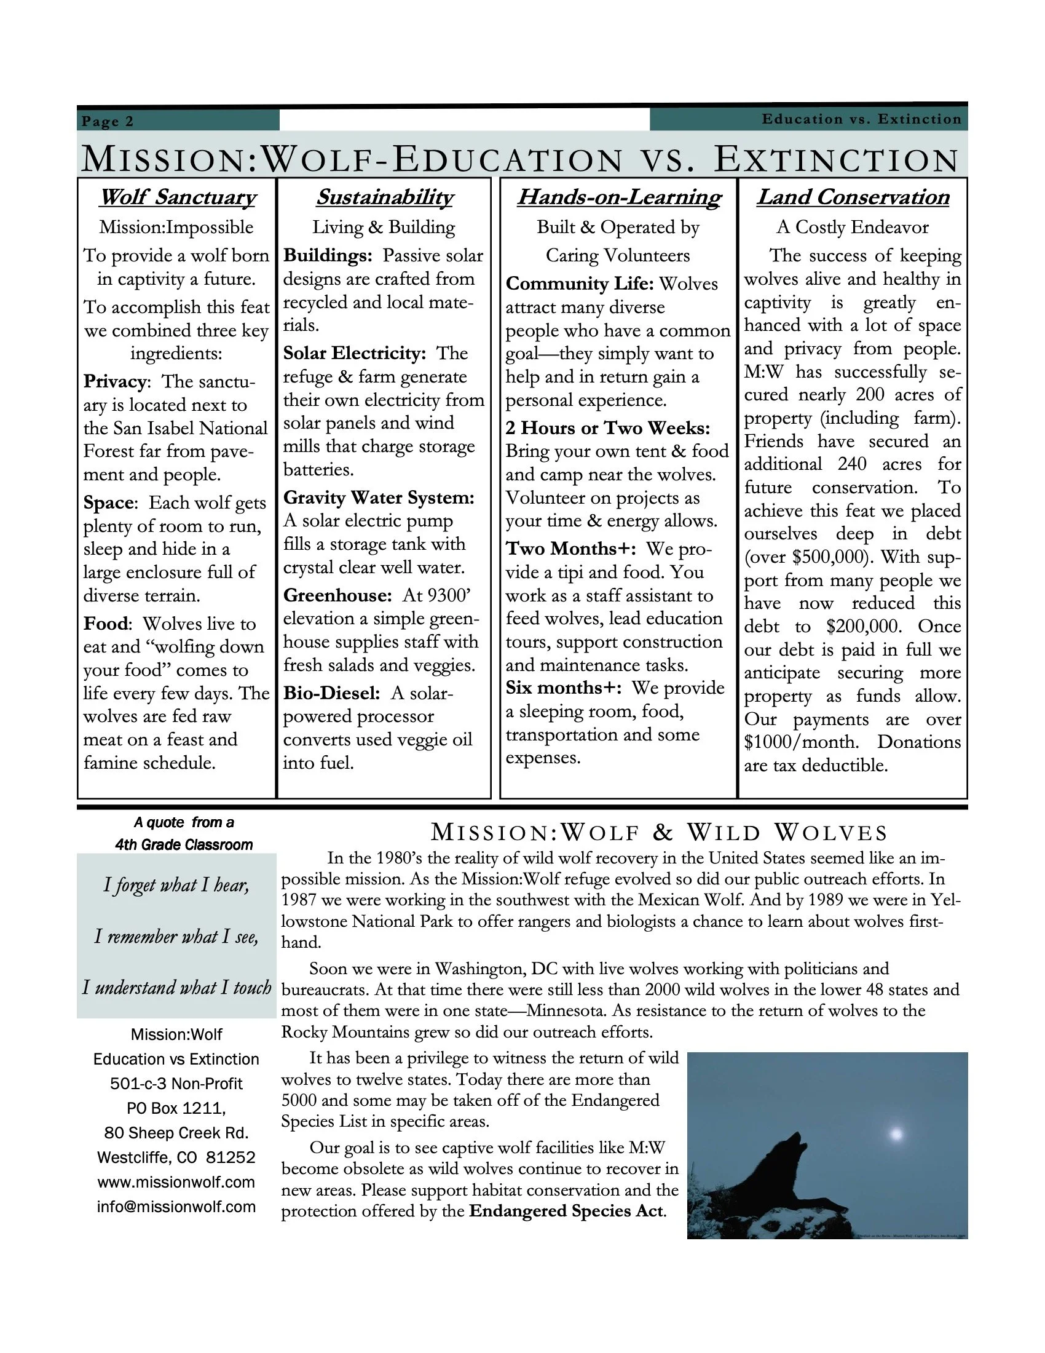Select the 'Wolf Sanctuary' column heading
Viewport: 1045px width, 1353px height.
tap(177, 197)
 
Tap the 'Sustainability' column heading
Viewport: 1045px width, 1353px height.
tap(384, 197)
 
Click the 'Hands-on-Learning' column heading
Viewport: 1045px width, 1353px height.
tap(619, 197)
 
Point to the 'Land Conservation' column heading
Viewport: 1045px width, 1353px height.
tap(853, 197)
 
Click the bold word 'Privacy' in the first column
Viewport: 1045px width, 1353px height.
tap(115, 382)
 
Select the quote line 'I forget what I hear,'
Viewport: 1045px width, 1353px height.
tap(176, 884)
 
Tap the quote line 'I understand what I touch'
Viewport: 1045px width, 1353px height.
tap(176, 987)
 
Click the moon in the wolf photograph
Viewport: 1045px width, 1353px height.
tap(896, 1135)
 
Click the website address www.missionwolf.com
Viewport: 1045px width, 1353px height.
tap(176, 1182)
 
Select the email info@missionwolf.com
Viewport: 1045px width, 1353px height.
tap(176, 1207)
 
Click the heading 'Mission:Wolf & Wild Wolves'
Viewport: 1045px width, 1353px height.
tap(659, 833)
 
